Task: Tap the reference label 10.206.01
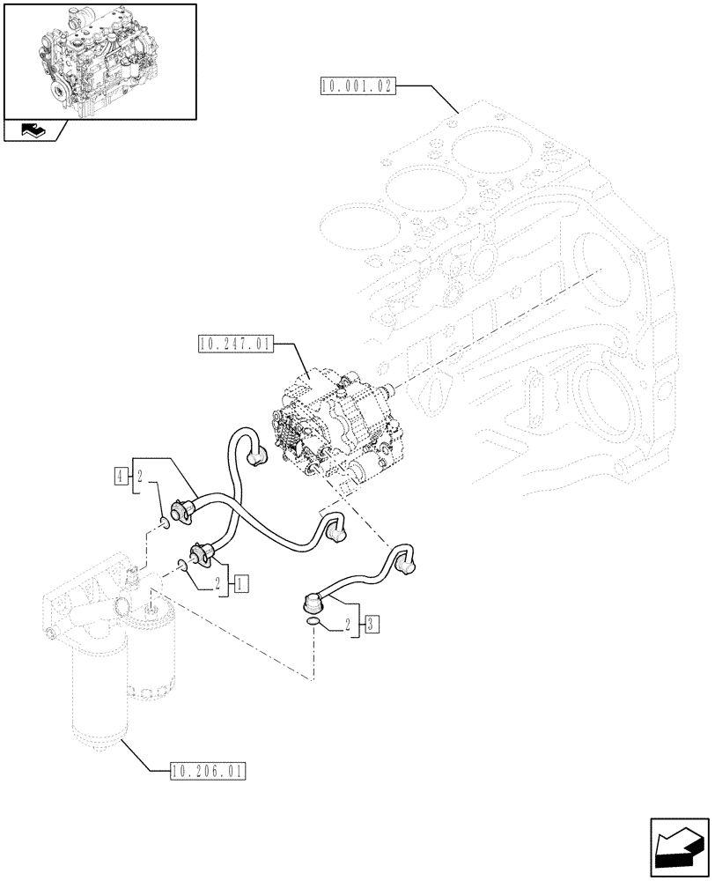point(204,772)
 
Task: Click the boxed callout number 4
point(120,477)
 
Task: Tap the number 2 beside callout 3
point(350,625)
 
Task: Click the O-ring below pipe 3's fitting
point(314,624)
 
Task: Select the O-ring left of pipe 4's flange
point(164,526)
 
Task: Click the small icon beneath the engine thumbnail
point(34,131)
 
